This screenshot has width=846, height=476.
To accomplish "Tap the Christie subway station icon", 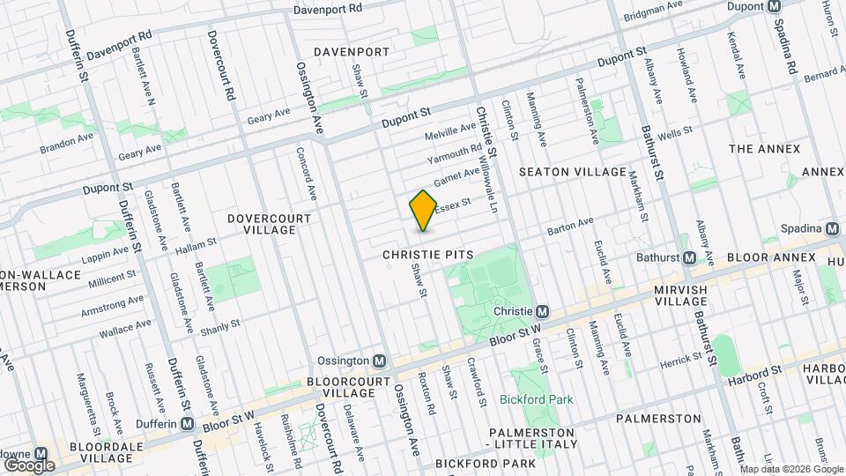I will [x=544, y=312].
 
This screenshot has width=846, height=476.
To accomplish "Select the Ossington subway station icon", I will [x=380, y=361].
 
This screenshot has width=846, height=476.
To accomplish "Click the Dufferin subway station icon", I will [x=188, y=423].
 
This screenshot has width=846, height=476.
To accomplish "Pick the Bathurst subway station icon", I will [x=690, y=258].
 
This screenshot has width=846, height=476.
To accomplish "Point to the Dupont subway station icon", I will [x=774, y=6].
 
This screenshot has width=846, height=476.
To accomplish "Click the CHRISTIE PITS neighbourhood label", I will [x=428, y=254].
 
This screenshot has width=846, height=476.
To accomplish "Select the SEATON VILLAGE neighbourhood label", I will [x=572, y=172].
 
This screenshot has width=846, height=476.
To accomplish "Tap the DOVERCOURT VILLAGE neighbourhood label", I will [x=261, y=223].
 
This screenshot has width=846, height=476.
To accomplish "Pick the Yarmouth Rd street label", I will [x=454, y=154].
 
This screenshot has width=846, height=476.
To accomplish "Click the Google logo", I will [x=28, y=465].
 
